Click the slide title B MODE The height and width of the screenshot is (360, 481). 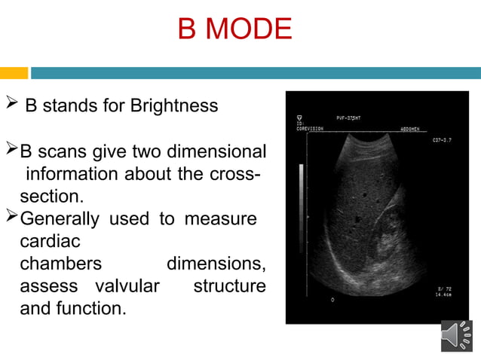tap(234, 29)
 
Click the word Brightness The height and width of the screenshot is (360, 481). tap(174, 105)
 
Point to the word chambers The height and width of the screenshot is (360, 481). tap(60, 264)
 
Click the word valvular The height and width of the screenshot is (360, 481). tap(127, 286)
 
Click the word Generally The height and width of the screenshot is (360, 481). tap(59, 220)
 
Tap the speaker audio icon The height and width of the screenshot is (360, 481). tap(456, 336)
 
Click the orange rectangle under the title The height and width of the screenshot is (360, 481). tap(14, 73)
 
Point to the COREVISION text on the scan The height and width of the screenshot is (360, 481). tap(311, 128)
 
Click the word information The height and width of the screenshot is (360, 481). tap(73, 174)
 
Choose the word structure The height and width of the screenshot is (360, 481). tap(229, 286)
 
